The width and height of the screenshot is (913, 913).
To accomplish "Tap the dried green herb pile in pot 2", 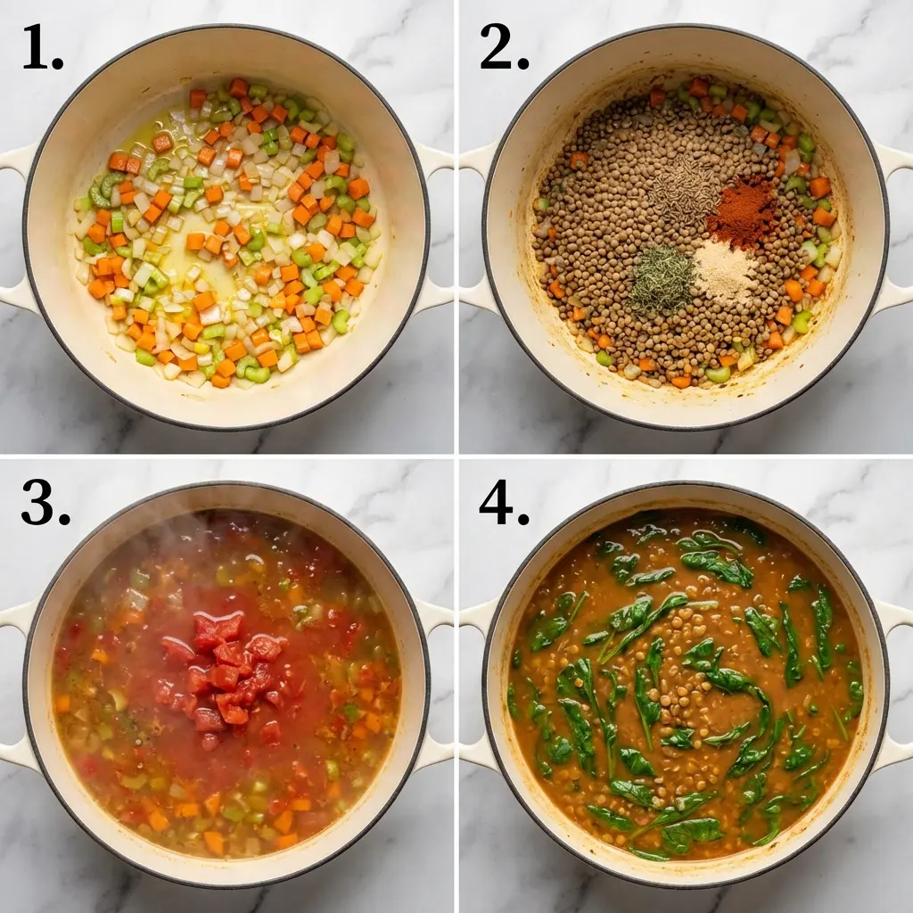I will point(662,279).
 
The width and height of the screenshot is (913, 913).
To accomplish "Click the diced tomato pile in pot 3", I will point(223,669).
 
